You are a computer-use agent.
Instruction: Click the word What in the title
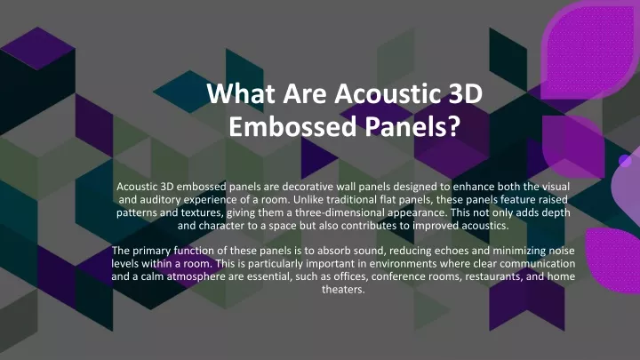241,93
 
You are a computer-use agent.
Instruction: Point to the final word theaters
343,290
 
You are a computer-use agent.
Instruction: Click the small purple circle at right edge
625,161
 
